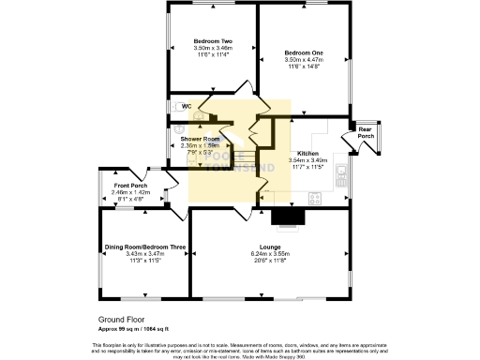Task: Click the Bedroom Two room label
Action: pyautogui.click(x=213, y=42)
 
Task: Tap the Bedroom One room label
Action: pyautogui.click(x=304, y=42)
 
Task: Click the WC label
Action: pyautogui.click(x=187, y=107)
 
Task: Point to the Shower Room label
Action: pyautogui.click(x=202, y=139)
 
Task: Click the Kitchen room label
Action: pyautogui.click(x=307, y=153)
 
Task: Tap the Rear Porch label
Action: pyautogui.click(x=366, y=133)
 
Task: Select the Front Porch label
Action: pyautogui.click(x=130, y=185)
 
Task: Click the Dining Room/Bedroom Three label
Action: pyautogui.click(x=144, y=247)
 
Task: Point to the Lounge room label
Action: pyautogui.click(x=271, y=247)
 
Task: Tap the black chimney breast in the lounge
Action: pyautogui.click(x=287, y=217)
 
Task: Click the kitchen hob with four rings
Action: pyautogui.click(x=315, y=199)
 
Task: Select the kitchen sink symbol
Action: pyautogui.click(x=343, y=172)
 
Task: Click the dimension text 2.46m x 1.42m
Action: pyautogui.click(x=130, y=192)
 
